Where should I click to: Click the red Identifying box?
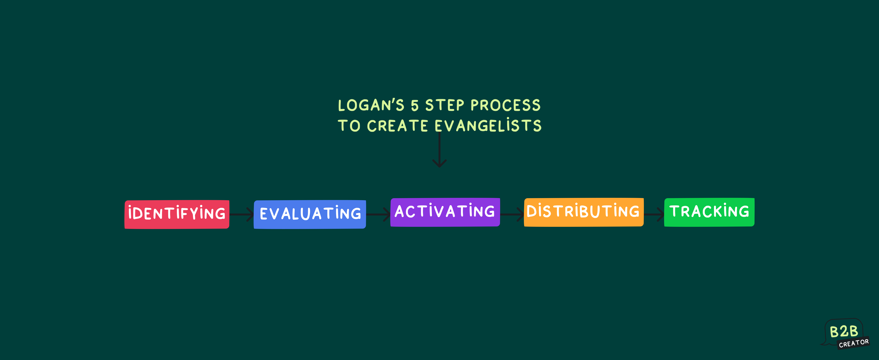pos(177,214)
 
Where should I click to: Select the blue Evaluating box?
pos(310,214)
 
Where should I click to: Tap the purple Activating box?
pos(445,212)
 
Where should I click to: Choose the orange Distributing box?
pos(583,212)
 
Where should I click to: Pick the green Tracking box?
pos(709,212)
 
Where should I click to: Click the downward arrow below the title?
pos(439,150)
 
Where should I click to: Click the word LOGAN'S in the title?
pos(371,105)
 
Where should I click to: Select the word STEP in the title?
pos(445,105)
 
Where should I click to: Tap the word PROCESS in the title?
pos(506,105)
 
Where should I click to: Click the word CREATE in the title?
pos(398,126)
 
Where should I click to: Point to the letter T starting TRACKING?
pos(675,211)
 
